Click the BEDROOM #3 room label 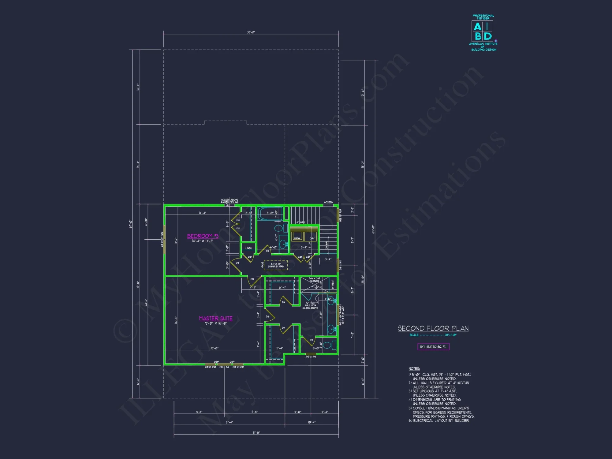coord(203,236)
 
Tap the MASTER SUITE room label coord(215,318)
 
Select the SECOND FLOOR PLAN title coord(433,328)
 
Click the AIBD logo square coord(482,31)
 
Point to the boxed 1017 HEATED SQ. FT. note coord(433,347)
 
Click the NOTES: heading coord(414,368)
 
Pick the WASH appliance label coord(297,238)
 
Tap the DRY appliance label coord(312,238)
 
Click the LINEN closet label coord(248,248)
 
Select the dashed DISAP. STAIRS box coord(276,265)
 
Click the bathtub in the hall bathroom coord(270,213)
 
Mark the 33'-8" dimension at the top coord(251,32)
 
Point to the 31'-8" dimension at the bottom coord(256,433)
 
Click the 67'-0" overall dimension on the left coord(131,224)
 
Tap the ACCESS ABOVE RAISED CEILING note coord(229,201)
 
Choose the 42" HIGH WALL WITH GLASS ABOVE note coord(310,305)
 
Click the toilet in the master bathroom coord(328,345)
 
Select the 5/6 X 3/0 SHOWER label coord(315,280)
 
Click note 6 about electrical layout coord(439,421)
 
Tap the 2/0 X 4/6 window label coord(311,357)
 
